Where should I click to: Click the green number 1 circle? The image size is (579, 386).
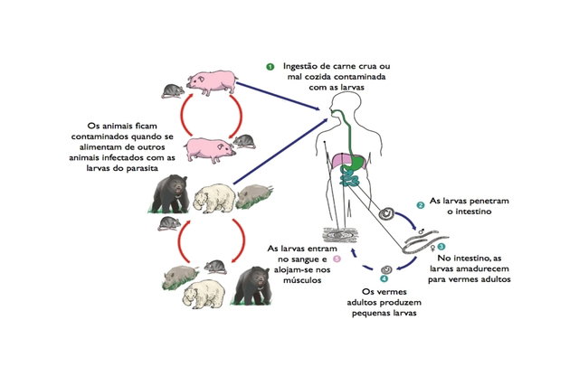click(271, 67)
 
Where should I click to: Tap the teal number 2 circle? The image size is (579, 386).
click(420, 205)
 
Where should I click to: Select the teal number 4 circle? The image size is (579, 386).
click(384, 278)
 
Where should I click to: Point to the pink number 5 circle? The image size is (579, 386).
click(337, 259)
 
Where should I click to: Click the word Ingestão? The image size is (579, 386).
click(300, 67)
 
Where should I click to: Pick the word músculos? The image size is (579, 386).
click(302, 280)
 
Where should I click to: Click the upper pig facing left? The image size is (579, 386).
click(212, 82)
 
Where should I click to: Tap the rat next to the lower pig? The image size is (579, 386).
click(244, 142)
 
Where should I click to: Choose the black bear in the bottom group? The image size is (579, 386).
click(252, 286)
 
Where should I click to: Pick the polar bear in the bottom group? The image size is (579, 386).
click(204, 294)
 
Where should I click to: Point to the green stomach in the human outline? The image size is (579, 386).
click(354, 162)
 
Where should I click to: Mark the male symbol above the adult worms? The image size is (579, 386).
click(421, 231)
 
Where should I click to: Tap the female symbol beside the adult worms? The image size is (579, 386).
click(433, 248)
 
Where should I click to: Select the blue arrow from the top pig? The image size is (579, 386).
click(278, 96)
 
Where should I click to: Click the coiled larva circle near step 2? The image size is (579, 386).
click(386, 213)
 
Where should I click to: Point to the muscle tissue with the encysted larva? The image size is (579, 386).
click(340, 235)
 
